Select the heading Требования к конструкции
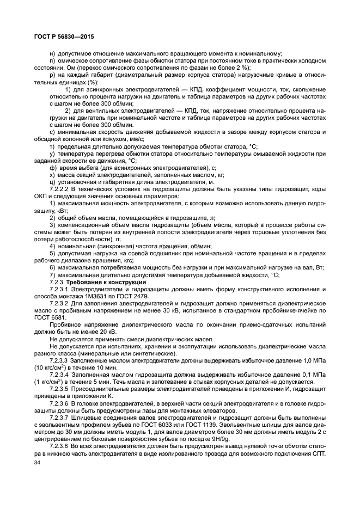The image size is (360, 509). (x=96, y=282)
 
